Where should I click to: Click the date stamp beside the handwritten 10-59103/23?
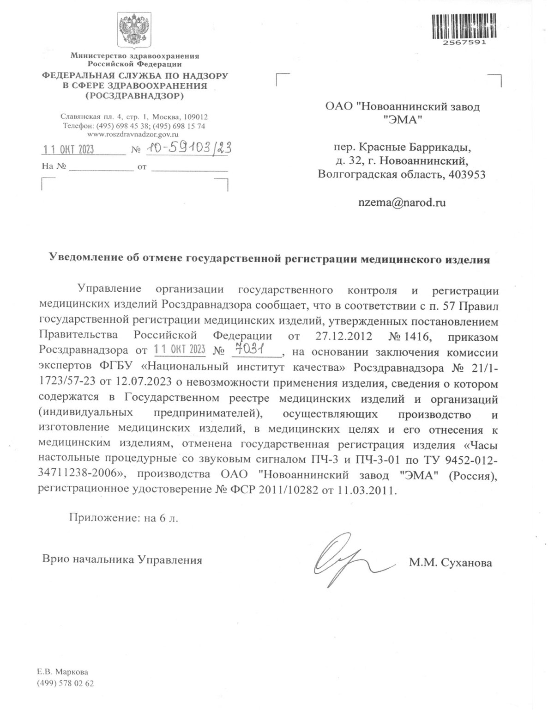point(68,150)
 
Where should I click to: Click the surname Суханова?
point(467,563)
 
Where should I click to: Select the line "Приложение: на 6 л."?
point(123,517)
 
